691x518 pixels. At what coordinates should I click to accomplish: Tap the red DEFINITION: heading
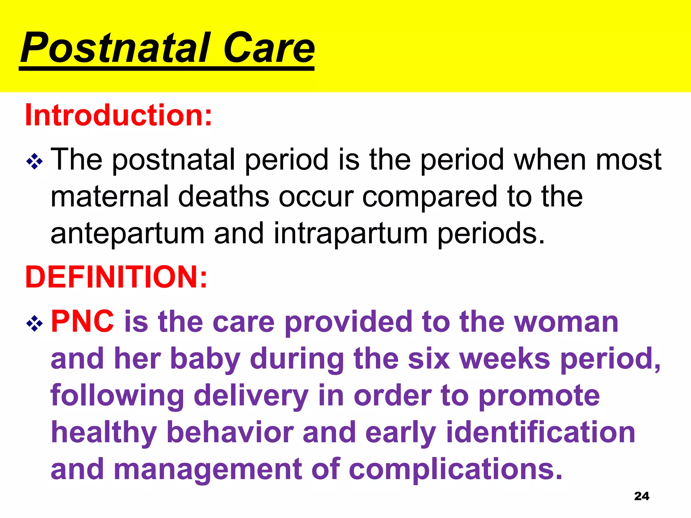click(x=116, y=277)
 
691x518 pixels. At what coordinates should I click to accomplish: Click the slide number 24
click(x=641, y=496)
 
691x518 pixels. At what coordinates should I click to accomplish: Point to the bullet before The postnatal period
click(x=34, y=162)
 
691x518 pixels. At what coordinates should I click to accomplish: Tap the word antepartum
click(x=128, y=233)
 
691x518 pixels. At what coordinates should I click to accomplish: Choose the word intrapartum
click(x=351, y=233)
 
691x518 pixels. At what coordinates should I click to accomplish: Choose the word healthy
click(x=104, y=433)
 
